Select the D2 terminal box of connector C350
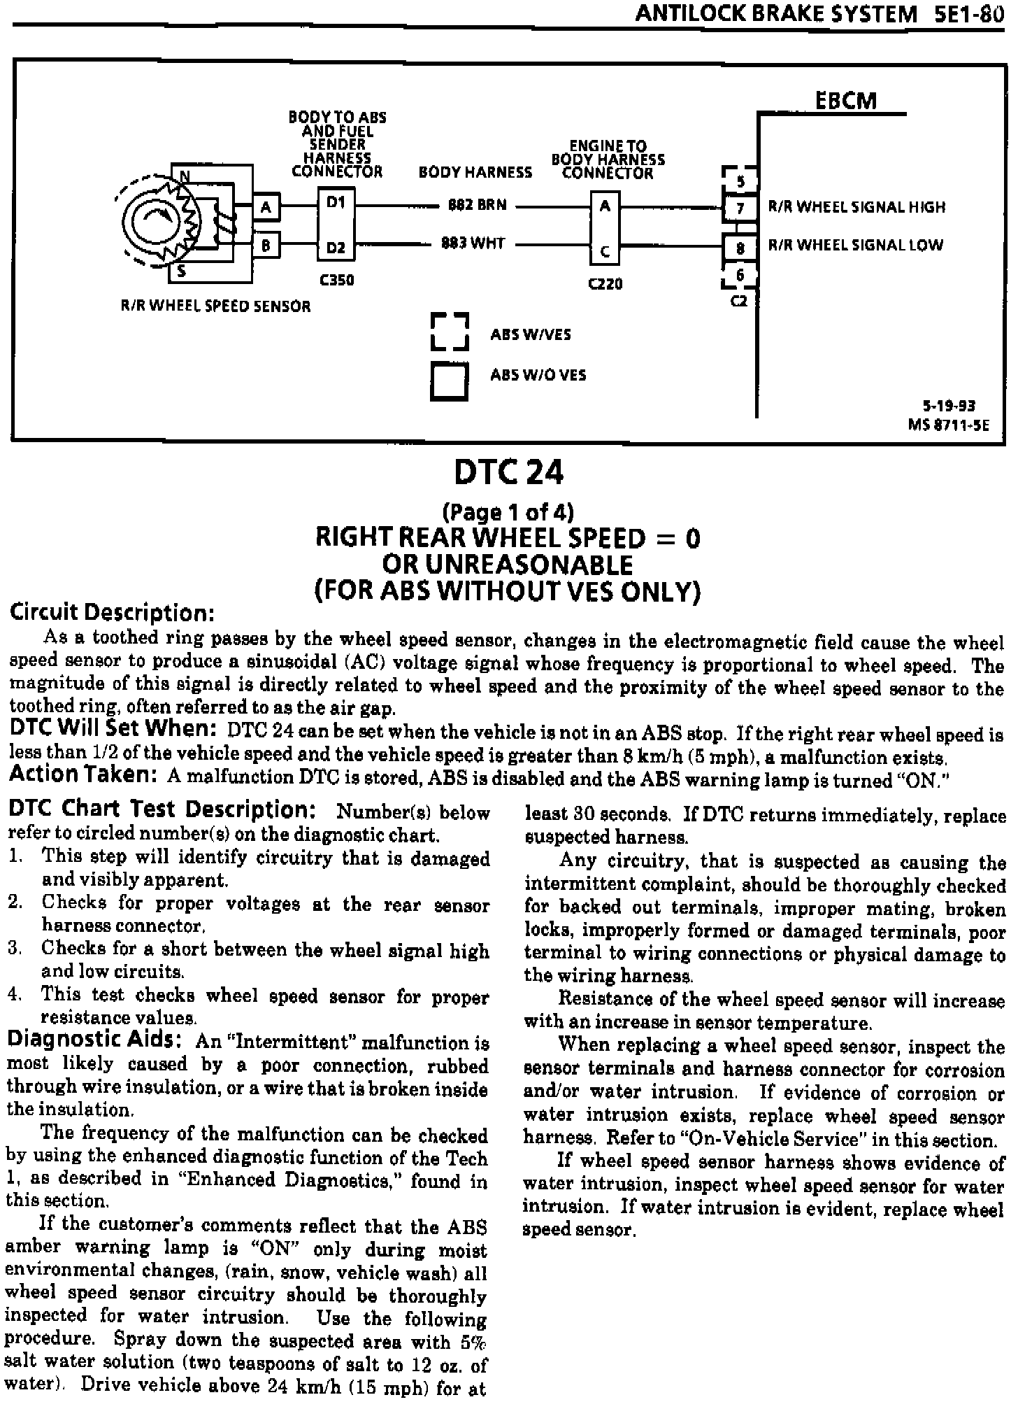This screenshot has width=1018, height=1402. click(x=336, y=247)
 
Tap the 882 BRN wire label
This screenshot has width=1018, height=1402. click(x=478, y=206)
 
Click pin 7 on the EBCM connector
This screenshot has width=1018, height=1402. click(x=740, y=208)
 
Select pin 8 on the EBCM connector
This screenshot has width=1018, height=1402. click(x=740, y=247)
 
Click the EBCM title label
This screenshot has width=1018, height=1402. click(x=845, y=101)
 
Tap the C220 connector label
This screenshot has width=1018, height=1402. click(x=605, y=284)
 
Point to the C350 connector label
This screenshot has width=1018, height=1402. click(x=336, y=281)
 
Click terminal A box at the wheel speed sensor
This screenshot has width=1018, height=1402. click(x=266, y=206)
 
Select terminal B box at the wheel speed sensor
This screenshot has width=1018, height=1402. click(x=266, y=246)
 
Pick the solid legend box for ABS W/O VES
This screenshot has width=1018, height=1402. click(x=448, y=381)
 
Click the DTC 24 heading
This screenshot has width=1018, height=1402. click(x=508, y=473)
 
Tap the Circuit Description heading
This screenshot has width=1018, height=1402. click(x=111, y=613)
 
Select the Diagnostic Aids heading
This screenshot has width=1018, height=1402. click(x=95, y=1040)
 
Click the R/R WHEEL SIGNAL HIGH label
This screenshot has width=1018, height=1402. click(x=856, y=207)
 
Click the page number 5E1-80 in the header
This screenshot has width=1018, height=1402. click(x=968, y=14)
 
